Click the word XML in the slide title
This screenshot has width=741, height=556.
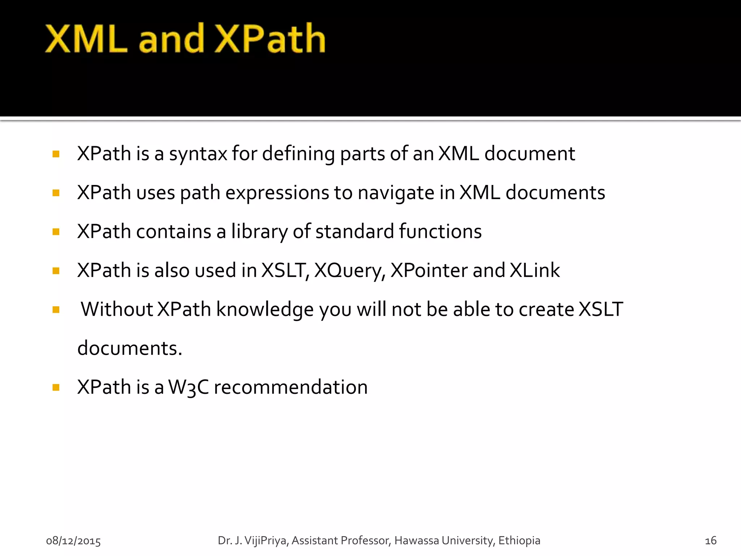86,38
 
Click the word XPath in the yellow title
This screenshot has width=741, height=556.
270,38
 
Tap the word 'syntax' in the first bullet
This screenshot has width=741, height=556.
198,154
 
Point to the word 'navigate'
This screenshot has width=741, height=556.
396,193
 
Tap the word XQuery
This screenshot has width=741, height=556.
350,271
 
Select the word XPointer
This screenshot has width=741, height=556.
429,270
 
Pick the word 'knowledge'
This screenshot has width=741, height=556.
265,310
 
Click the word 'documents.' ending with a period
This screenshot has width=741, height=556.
130,348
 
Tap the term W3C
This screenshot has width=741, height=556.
189,387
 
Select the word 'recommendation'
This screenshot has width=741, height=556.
291,387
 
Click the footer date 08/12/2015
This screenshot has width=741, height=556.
73,541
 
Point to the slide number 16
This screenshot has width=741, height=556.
711,541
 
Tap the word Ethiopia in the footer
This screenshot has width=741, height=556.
519,541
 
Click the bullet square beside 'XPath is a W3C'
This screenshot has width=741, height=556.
56,388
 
